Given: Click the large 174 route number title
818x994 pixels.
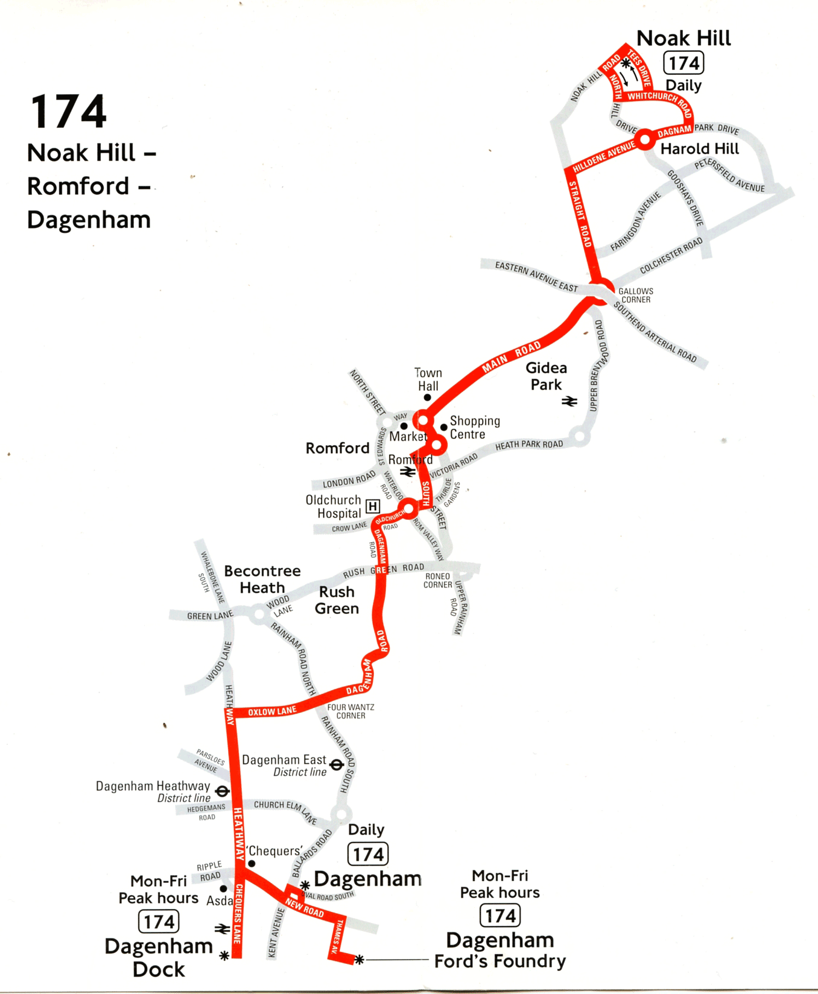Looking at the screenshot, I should (68, 112).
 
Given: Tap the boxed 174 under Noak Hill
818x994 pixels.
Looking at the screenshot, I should (683, 63).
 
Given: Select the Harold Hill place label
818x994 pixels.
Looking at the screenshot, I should (699, 149).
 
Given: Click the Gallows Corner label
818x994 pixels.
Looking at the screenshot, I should (635, 296).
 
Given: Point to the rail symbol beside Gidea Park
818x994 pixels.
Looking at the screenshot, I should (569, 401).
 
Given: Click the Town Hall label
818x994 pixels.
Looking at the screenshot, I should (428, 379).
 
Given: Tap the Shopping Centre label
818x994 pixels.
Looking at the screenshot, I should (474, 428).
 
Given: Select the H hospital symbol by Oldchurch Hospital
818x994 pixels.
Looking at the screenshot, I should (373, 506).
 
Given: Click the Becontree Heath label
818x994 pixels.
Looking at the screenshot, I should (262, 579).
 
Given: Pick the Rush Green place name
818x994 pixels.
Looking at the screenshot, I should (337, 600).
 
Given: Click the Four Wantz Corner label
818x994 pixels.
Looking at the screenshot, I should (350, 711).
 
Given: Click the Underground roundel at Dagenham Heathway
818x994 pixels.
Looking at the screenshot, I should (223, 791).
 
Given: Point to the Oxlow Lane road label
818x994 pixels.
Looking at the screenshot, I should (272, 712).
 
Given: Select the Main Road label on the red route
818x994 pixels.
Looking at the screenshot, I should (511, 356).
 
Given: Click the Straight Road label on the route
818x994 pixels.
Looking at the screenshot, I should (580, 214).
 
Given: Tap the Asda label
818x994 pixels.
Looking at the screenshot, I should (219, 901).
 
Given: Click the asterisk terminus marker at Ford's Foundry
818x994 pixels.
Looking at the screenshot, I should (359, 959).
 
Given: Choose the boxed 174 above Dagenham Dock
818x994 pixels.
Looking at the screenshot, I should (159, 922).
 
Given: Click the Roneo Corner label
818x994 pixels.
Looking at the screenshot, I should (437, 580).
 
